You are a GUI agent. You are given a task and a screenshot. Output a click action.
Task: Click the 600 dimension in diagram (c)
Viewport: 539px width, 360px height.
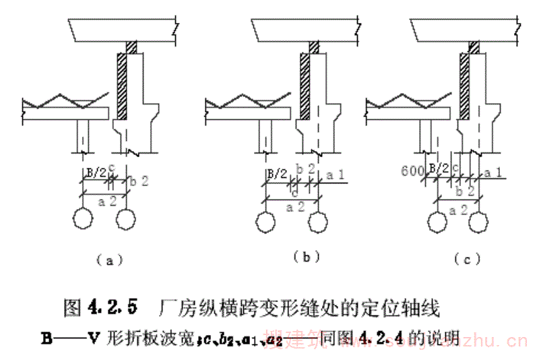tap(411, 171)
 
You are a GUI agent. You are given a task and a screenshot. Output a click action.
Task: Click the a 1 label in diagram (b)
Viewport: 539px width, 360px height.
tap(336, 175)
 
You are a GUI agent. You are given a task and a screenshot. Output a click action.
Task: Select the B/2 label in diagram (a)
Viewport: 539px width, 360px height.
tap(95, 173)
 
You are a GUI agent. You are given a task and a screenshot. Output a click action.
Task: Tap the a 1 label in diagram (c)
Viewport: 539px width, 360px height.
tap(492, 173)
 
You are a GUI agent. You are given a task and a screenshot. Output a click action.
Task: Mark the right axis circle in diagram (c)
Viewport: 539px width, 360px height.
tap(479, 220)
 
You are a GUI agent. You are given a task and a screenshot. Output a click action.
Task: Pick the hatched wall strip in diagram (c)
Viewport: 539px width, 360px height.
tap(465, 84)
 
